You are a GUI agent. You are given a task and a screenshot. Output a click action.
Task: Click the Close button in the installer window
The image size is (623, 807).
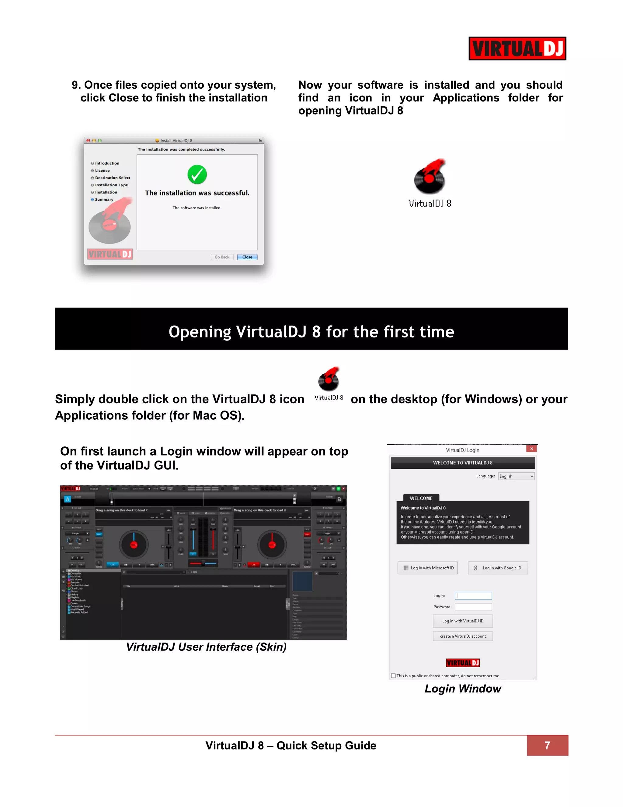click(247, 257)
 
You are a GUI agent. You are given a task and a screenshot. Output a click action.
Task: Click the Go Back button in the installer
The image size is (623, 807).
click(222, 257)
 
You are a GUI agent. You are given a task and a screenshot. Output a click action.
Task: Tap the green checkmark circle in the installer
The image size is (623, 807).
click(197, 174)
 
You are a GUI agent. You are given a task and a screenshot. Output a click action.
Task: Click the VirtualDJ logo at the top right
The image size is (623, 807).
click(517, 48)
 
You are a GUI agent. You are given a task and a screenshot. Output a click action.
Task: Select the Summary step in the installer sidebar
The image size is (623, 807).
click(104, 199)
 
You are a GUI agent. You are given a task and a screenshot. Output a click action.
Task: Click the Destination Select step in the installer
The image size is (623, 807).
click(112, 178)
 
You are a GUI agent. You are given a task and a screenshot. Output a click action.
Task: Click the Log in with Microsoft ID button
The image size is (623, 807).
click(427, 568)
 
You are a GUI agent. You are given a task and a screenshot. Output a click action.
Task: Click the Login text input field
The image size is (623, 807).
click(473, 596)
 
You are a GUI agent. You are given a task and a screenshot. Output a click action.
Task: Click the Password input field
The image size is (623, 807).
click(473, 607)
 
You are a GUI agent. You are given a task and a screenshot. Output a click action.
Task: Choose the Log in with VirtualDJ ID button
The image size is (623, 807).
click(462, 621)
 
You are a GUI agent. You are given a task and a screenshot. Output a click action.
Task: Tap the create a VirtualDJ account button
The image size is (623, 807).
click(462, 636)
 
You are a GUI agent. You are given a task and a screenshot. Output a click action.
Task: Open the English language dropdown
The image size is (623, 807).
click(516, 476)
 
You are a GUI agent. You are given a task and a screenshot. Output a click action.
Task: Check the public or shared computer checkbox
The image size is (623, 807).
click(393, 676)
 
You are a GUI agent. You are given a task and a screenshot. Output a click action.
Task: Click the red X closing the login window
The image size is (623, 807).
click(531, 449)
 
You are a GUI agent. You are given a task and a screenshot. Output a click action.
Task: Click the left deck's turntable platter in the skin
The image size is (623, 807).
click(134, 545)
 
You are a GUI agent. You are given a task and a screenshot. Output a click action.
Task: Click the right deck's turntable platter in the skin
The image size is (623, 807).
click(272, 545)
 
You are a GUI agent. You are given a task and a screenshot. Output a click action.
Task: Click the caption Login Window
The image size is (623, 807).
click(462, 689)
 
